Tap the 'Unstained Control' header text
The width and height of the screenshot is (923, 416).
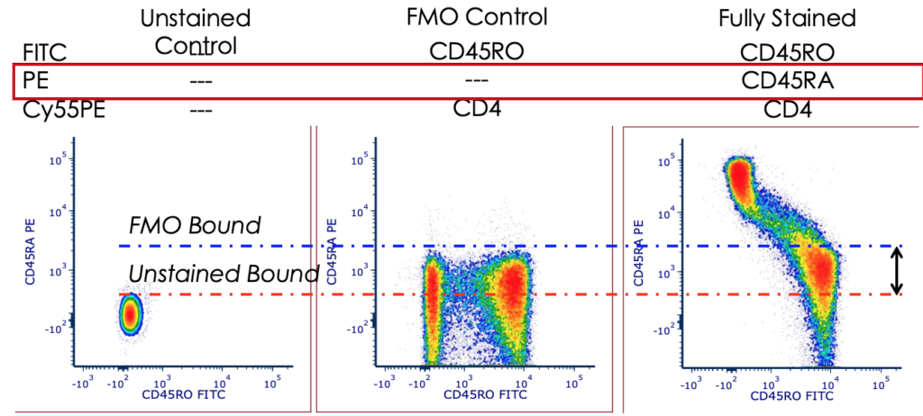click(x=196, y=32)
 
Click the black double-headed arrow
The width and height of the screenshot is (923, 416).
click(x=896, y=271)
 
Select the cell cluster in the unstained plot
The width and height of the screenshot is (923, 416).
click(x=131, y=312)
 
